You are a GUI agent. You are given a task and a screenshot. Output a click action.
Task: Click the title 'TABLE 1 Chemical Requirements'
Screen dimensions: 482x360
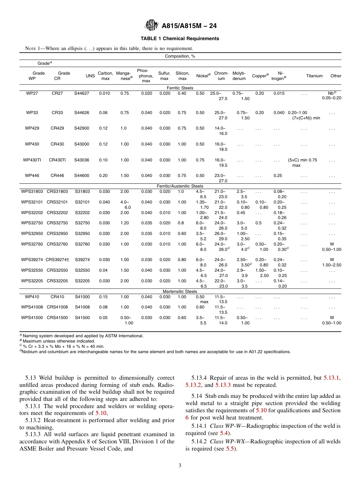coord(180,39)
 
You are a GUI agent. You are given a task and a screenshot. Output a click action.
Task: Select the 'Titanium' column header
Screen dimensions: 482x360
coord(314,76)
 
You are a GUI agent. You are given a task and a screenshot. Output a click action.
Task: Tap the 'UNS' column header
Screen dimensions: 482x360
coord(90,76)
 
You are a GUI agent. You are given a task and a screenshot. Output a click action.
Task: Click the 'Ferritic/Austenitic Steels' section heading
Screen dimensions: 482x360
coord(180,186)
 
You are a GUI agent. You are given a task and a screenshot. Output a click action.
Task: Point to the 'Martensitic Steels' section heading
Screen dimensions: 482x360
coord(180,291)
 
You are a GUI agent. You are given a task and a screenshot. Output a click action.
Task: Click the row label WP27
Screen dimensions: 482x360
coord(32,93)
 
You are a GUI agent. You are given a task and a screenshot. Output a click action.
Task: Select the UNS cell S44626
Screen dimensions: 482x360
coord(82,113)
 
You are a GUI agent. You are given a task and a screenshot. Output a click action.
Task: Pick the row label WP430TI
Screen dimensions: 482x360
coord(32,160)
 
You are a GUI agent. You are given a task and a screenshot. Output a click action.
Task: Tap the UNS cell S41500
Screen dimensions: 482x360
coord(82,318)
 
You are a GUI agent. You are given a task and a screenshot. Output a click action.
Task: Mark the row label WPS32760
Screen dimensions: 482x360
coord(32,244)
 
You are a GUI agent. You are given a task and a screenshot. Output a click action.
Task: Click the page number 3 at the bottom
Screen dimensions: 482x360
coord(180,466)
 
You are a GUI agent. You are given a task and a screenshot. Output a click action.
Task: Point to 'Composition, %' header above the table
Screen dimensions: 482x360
coord(180,56)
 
